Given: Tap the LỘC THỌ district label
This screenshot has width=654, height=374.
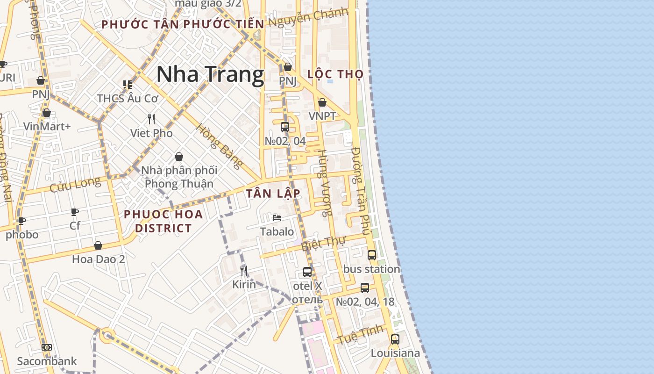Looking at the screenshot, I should [x=336, y=74].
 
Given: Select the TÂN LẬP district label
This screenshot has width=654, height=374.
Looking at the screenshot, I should [x=273, y=194].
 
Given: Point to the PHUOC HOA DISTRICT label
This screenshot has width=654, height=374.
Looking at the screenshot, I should [x=163, y=221].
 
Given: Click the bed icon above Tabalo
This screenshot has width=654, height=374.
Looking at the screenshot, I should [x=277, y=217].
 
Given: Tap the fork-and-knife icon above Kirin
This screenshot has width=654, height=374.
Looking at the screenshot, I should [x=243, y=271].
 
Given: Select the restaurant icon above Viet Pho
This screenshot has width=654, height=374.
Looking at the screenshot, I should [x=151, y=119].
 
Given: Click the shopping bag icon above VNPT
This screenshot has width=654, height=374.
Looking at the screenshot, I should [x=322, y=102].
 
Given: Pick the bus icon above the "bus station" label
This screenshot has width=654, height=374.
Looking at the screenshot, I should [x=372, y=255].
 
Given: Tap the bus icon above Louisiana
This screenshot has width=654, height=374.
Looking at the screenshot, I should [x=395, y=339].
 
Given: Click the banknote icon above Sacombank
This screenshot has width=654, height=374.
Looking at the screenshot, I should [x=47, y=347].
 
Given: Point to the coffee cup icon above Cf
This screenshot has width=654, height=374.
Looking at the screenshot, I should [x=75, y=212].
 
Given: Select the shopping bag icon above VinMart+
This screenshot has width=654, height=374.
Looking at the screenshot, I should [x=46, y=113].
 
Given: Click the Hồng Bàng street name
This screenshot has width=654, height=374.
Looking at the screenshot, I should [x=219, y=146].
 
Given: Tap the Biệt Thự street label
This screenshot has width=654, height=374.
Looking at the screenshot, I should [x=323, y=244].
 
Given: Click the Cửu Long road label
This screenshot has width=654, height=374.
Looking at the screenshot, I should [x=75, y=185].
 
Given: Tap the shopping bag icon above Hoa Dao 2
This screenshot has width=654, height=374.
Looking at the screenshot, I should [x=98, y=245].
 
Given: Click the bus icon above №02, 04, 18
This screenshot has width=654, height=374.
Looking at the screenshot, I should [x=365, y=288].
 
